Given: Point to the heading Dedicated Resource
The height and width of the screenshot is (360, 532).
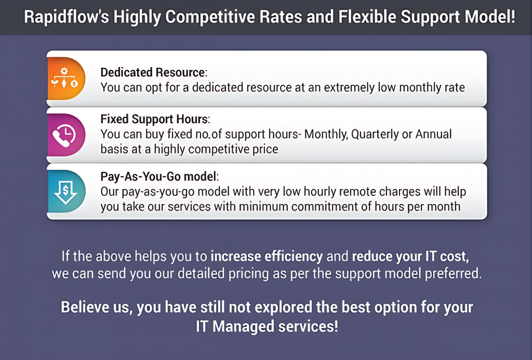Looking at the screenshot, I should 153,72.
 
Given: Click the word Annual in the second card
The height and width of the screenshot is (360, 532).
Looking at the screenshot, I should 433,134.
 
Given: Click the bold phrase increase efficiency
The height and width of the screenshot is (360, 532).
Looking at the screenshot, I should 267,256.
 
